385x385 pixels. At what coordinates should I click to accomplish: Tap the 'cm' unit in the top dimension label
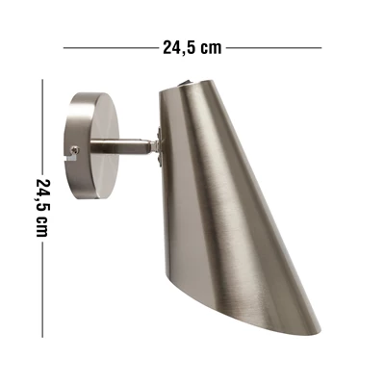213,44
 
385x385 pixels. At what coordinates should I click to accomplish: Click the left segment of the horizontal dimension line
106,45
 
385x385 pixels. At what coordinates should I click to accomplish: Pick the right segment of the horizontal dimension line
273,45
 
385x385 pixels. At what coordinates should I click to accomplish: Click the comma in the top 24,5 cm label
181,50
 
